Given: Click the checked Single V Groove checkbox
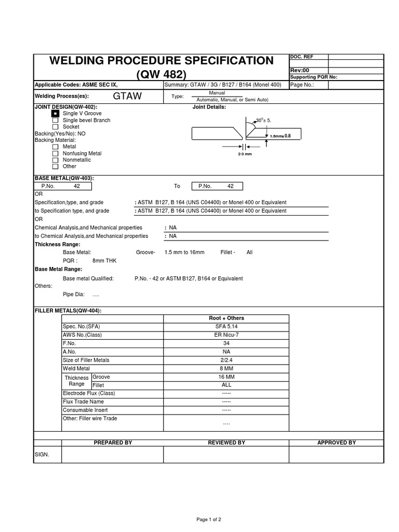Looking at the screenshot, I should tap(55, 113).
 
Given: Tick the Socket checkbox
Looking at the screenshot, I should tap(55, 127).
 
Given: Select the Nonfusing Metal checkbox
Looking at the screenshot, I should tap(55, 154).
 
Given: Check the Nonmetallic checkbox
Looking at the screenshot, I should tap(55, 161).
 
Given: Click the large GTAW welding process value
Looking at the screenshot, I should tap(127, 96).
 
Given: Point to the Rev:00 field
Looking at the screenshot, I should tap(300, 70).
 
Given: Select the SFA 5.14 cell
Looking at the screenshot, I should tap(226, 326).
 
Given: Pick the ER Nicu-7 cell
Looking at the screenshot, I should tap(226, 335).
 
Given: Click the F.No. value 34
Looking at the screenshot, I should tap(226, 343).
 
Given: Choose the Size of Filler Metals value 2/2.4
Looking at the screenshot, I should tap(226, 360).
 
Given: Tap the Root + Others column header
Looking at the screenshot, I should tap(226, 318).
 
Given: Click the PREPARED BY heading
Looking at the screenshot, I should tap(113, 443).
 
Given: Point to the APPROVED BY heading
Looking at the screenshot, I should tap(336, 443).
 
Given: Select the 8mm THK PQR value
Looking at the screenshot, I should tap(104, 261).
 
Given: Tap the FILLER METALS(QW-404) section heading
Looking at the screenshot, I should tap(68, 310).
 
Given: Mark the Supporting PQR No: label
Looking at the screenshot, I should tap(313, 77).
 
